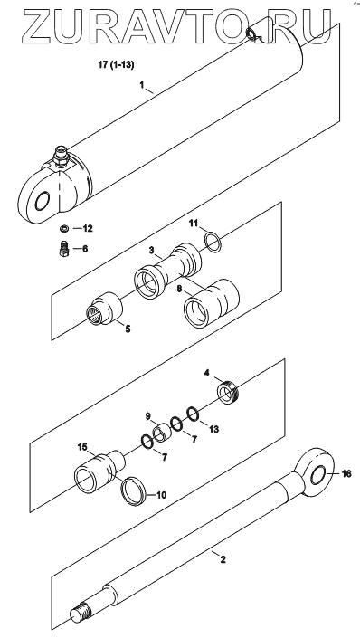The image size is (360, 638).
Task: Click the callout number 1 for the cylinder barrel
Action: point(142,85)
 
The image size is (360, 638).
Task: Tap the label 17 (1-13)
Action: point(116,65)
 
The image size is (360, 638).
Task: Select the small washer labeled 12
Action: point(64,229)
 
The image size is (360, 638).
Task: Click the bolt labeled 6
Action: point(64,249)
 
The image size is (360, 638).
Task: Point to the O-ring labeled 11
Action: point(213,243)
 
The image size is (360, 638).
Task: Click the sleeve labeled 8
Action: point(212,303)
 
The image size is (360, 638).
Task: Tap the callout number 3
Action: point(151,251)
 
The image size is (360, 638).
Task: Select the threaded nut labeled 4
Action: point(228,392)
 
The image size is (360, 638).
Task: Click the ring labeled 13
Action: point(193,414)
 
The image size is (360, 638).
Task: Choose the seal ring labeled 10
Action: point(134,491)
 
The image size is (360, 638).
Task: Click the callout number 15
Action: point(83,447)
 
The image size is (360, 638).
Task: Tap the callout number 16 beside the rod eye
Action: point(346,474)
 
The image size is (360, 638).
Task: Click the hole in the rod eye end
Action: point(318,475)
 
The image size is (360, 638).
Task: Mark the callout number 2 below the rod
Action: point(223,559)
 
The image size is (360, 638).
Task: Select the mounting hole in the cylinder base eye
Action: point(43,201)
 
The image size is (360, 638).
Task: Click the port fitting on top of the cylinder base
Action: point(61,157)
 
